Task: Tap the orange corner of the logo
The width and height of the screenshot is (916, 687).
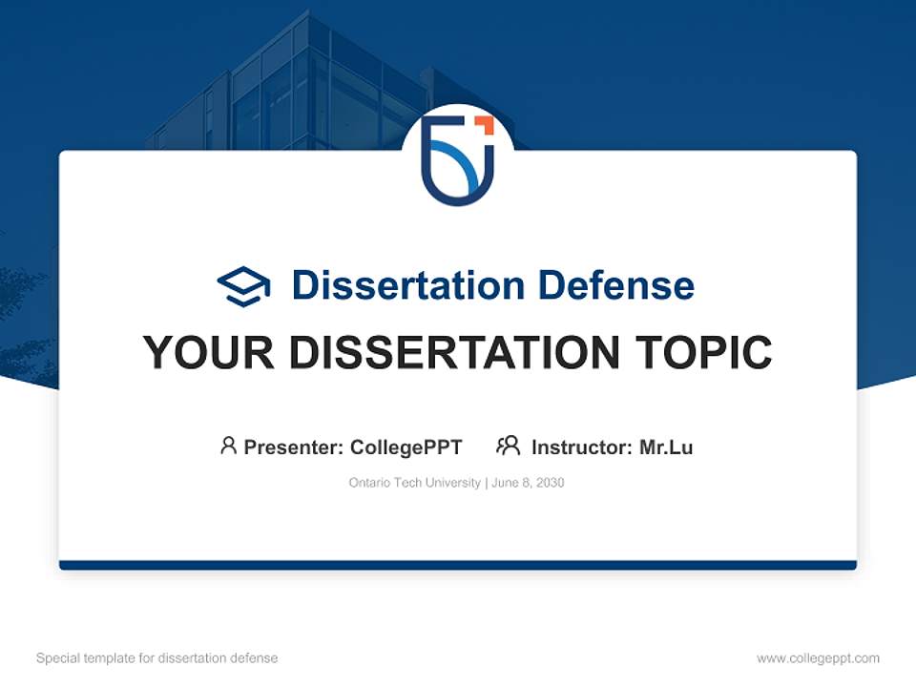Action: coord(484,124)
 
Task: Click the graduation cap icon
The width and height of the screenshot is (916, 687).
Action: coord(243,286)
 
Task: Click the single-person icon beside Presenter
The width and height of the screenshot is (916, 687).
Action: coord(228,446)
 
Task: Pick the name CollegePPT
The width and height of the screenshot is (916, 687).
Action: coord(406,447)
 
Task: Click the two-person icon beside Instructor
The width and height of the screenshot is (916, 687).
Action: coord(508,446)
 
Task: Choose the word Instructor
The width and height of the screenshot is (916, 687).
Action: coord(580,447)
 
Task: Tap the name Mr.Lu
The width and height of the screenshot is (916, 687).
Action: coord(666,447)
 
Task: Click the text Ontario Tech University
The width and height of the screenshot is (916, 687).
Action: coord(414,483)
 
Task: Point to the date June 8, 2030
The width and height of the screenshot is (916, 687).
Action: coord(529,483)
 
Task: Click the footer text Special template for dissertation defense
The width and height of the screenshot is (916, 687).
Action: coord(157,658)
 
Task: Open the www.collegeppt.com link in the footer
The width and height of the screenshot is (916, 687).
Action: coord(818,658)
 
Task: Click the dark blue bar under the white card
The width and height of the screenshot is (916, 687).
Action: coord(458,565)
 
